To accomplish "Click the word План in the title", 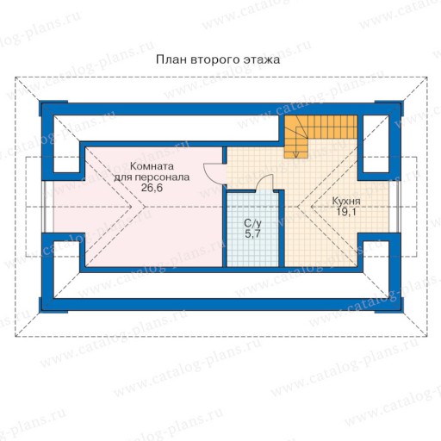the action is point(171,59).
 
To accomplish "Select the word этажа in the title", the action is point(262,59).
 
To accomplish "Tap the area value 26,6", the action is point(152,188).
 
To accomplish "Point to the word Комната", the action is point(152,166).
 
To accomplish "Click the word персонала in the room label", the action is point(162,177).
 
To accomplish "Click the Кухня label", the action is point(346,202).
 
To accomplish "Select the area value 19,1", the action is point(346,212).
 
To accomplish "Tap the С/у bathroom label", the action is point(252,223).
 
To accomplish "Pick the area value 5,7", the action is point(252,233).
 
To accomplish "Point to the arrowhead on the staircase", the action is point(296,154).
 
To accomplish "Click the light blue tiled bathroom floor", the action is point(252,230).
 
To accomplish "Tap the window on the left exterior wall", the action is point(45,207).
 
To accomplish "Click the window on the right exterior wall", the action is point(397,207).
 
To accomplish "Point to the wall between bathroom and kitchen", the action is point(282,228).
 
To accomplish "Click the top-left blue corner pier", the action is point(53,108).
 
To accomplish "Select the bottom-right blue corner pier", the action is point(388,306).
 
